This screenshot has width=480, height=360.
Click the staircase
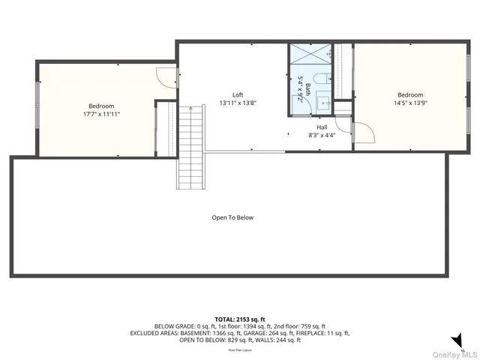(190, 147)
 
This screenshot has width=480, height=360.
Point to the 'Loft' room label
(238, 95)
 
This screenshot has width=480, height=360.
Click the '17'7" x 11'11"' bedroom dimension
(101, 115)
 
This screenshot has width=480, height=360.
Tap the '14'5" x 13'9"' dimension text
(410, 104)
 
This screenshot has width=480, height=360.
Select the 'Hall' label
(322, 127)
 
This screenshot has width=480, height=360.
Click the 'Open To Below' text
(232, 217)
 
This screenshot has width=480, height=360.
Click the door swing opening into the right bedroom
(364, 131)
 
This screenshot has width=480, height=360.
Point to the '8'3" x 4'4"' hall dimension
(322, 136)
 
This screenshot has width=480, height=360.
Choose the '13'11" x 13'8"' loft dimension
(238, 103)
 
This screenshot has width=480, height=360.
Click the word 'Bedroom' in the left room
(101, 106)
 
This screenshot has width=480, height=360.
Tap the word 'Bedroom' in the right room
(410, 95)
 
